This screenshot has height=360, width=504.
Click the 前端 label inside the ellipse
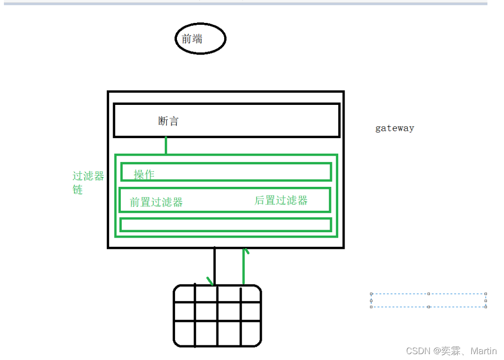point(192,39)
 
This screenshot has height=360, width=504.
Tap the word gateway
point(394,128)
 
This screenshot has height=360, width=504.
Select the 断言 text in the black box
point(169,121)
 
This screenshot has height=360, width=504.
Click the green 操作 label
point(144,174)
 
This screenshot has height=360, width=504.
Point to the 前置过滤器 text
point(156,202)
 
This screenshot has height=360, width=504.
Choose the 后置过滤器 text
point(281,200)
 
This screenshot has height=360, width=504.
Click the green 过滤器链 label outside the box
point(88,182)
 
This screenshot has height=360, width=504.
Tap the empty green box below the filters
point(226,224)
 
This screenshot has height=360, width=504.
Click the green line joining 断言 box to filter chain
point(166,146)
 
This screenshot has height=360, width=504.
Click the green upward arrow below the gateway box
point(244,266)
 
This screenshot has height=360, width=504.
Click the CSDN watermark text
point(417,351)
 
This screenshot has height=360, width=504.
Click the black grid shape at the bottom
point(217,316)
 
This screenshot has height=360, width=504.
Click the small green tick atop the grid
point(210,281)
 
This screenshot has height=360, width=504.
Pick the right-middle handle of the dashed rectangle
point(485,300)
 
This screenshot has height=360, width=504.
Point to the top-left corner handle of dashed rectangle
point(371,294)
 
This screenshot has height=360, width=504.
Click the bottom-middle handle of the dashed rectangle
point(428,307)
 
